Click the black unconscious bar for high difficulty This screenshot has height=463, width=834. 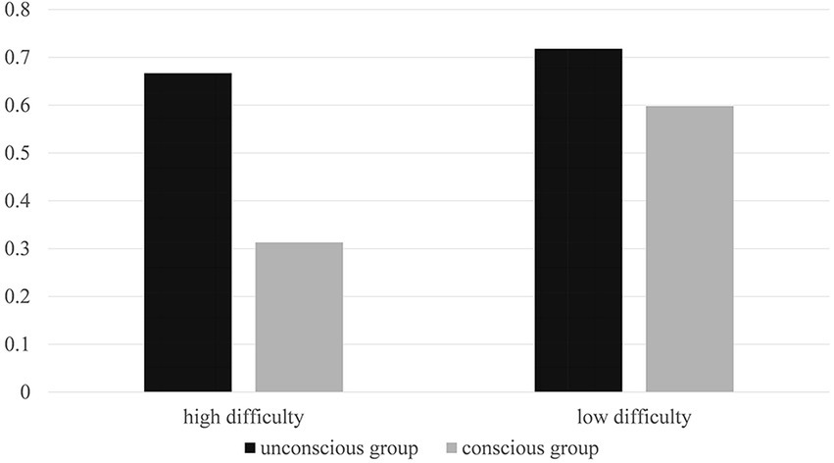pyautogui.click(x=187, y=232)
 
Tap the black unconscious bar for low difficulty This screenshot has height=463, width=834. pyautogui.click(x=578, y=220)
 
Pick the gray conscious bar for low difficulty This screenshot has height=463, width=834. pyautogui.click(x=690, y=249)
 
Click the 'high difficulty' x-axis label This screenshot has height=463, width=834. pyautogui.click(x=243, y=417)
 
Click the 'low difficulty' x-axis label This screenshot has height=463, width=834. pyautogui.click(x=634, y=417)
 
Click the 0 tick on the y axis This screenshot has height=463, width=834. pyautogui.click(x=25, y=393)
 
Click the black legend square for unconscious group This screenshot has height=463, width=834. pyautogui.click(x=251, y=448)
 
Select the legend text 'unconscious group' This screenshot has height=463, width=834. pyautogui.click(x=340, y=448)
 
